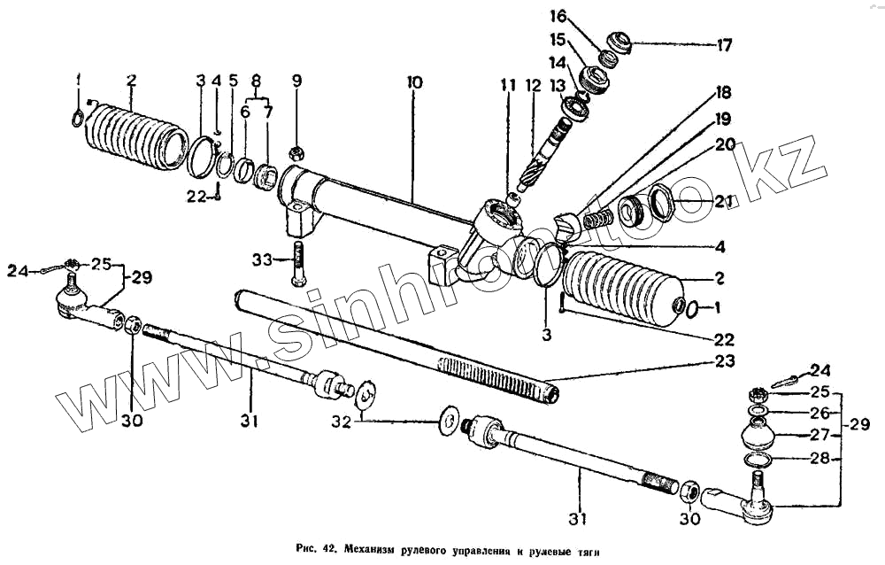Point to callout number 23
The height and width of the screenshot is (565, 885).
coord(724,361)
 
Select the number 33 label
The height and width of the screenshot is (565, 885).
coord(261,260)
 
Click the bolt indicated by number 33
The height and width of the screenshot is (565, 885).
coord(297,262)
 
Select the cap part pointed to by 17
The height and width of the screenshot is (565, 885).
coord(616,42)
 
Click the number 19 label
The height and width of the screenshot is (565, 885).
coord(723,119)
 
